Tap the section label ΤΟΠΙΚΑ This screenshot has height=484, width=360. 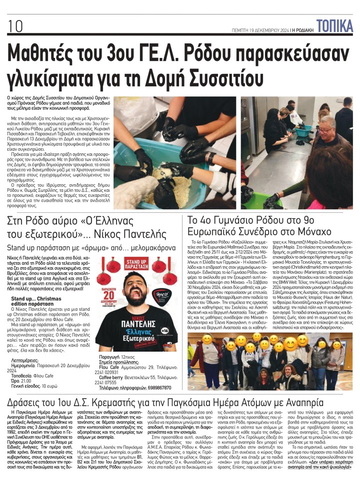[x=334, y=24]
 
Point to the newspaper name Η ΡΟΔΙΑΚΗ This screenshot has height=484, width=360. [x=301, y=30]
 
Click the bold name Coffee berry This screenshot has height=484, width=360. [x=112, y=377]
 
